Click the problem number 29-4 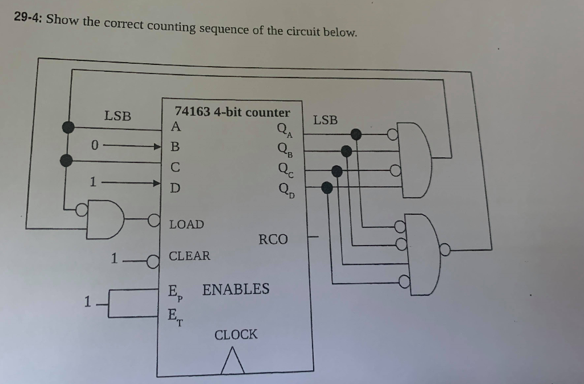pos(29,17)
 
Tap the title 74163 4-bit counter pos(232,112)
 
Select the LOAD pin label pos(186,224)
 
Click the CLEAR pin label pos(189,256)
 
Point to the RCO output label pos(273,239)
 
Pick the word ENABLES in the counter pos(236,289)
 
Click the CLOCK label pos(236,334)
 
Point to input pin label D pos(175,187)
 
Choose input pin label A pos(176,126)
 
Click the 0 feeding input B pos(95,146)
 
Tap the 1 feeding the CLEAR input pos(114,259)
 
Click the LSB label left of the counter pos(117,116)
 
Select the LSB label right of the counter pos(325,120)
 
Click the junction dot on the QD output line pos(327,187)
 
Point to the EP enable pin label pos(175,292)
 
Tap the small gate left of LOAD pos(106,219)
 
